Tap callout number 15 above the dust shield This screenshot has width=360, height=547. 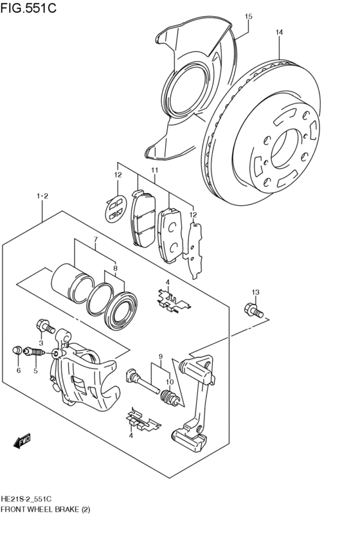tap(249, 16)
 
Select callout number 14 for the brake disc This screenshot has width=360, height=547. tap(279, 32)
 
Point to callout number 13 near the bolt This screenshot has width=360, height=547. tap(255, 293)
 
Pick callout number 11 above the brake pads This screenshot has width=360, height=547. tap(154, 170)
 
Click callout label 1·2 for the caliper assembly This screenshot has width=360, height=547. tap(42, 195)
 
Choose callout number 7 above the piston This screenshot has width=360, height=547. tap(94, 241)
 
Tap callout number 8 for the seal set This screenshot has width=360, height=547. tap(115, 268)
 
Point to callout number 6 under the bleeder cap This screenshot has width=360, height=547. tap(19, 370)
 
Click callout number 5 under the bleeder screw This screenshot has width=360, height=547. tap(36, 370)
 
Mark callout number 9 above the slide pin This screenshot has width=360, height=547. tap(161, 357)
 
